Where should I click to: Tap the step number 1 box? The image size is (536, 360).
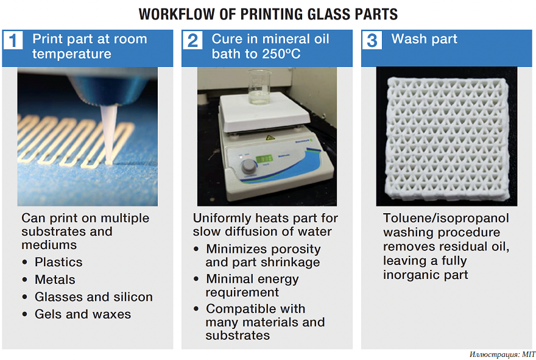[13, 40]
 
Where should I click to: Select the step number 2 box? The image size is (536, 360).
[192, 40]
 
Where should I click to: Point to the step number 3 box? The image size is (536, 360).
[372, 40]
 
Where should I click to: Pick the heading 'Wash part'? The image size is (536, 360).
[424, 39]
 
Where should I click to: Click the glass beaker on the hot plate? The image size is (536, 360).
[259, 87]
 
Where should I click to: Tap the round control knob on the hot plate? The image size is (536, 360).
[249, 166]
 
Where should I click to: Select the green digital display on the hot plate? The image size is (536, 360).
[264, 158]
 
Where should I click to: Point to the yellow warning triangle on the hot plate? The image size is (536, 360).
[270, 138]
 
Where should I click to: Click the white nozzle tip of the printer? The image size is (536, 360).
[109, 133]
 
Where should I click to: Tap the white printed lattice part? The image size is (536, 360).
[446, 138]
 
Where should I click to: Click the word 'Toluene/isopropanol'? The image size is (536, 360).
[446, 218]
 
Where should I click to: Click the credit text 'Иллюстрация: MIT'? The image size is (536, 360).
[502, 354]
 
